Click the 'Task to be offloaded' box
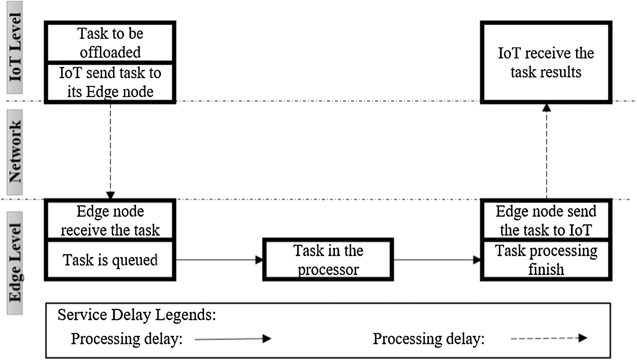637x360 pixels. [x=110, y=43]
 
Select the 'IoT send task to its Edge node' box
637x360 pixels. [x=110, y=82]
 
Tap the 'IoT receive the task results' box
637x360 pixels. [x=546, y=62]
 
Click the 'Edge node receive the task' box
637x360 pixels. [x=110, y=220]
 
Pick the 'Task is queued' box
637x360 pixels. [x=110, y=260]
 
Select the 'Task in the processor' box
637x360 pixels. [x=328, y=260]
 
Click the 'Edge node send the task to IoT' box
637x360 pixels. [x=546, y=220]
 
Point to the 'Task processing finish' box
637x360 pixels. [x=546, y=260]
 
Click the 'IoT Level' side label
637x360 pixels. [x=15, y=47]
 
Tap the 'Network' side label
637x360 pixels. [x=15, y=152]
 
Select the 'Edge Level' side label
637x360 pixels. [x=15, y=263]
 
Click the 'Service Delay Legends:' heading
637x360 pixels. [x=137, y=315]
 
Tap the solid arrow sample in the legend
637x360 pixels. [x=233, y=339]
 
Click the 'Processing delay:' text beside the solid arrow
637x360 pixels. [x=127, y=339]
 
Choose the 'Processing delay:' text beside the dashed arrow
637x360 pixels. [x=428, y=339]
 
